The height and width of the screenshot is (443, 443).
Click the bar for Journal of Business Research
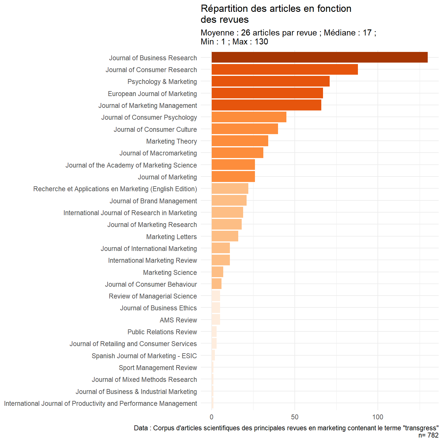point(319,57)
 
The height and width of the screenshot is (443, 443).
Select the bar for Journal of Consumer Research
point(284,70)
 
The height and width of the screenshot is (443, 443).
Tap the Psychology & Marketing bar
point(270,81)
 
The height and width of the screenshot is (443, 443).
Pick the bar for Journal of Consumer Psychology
point(249,117)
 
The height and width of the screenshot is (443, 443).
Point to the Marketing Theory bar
point(240,141)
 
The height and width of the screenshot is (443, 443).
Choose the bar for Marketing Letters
point(225,236)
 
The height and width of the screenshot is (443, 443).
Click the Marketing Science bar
point(217,272)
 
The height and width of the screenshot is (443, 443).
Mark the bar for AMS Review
point(216,320)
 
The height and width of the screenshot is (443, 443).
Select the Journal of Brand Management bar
point(229,200)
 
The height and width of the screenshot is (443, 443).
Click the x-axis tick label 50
point(294,417)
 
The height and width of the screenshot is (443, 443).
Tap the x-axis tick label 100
point(378,417)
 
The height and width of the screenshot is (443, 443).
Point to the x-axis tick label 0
point(212,417)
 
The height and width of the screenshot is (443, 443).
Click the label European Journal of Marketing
point(152,94)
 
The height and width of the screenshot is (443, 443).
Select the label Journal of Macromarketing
point(158,153)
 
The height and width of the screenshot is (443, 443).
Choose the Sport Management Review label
point(158,368)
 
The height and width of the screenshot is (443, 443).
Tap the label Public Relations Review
point(162,332)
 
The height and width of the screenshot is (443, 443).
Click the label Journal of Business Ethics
point(158,308)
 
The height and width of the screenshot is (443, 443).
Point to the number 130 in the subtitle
point(261,42)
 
